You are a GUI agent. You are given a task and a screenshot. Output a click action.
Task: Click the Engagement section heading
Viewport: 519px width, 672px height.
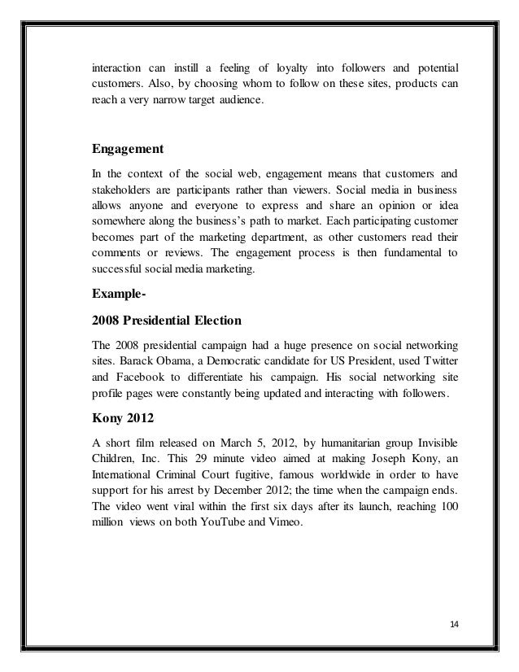128,150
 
